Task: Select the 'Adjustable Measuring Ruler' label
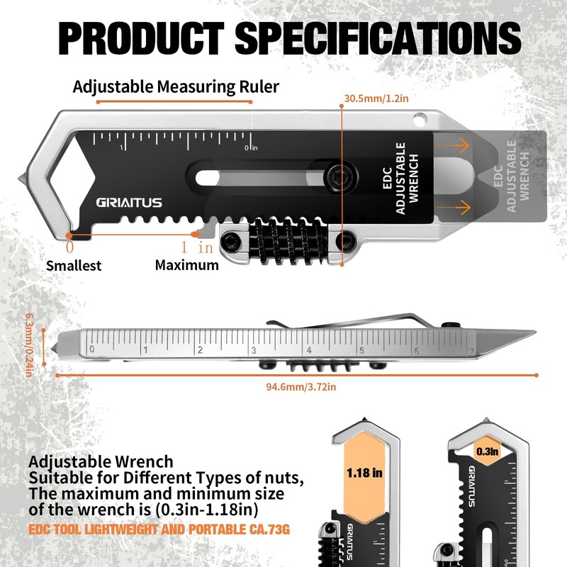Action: [x=176, y=87]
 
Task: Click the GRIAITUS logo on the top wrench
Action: [x=129, y=203]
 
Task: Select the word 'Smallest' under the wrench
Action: [x=74, y=266]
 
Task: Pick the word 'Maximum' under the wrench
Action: [x=187, y=265]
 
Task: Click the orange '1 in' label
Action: [x=196, y=247]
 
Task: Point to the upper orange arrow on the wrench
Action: [x=453, y=145]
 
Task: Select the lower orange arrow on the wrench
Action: [x=453, y=207]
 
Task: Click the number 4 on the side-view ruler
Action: [x=308, y=349]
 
